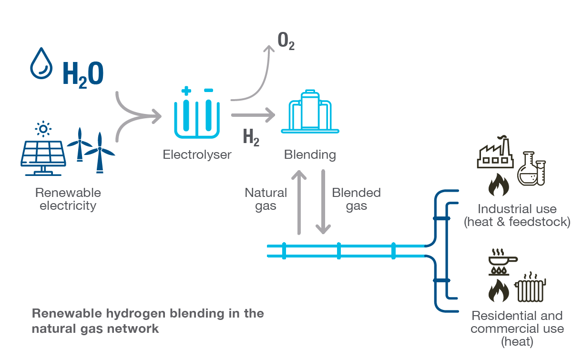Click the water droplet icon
point(41,63)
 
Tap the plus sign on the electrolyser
point(186,91)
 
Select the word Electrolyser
point(197,154)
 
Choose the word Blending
point(310,154)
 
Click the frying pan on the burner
point(502,260)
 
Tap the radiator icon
point(532,288)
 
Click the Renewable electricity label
point(68,199)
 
